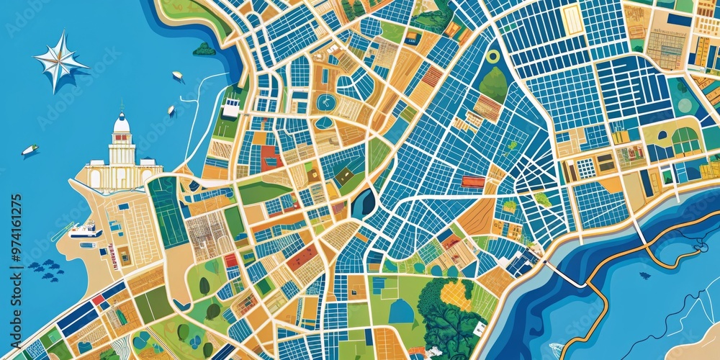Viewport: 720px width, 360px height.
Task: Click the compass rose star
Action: (60, 62)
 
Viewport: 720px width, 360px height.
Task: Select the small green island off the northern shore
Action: (204, 49)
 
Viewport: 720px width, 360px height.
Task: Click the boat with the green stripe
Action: (30, 150)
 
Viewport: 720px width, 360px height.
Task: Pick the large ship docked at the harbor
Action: (85, 230)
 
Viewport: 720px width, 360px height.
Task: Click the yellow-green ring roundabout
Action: (493, 56)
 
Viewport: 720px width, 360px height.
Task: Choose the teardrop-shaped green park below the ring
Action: (495, 84)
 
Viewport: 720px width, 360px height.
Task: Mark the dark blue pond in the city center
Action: (364, 203)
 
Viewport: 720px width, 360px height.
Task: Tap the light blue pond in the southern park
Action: (401, 311)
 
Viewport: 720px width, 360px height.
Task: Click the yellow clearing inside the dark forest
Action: (456, 295)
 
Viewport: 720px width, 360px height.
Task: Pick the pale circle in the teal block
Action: (684, 105)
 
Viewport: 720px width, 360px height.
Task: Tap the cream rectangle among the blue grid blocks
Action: (572, 19)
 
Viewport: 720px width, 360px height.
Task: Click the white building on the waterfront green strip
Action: (230, 108)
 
